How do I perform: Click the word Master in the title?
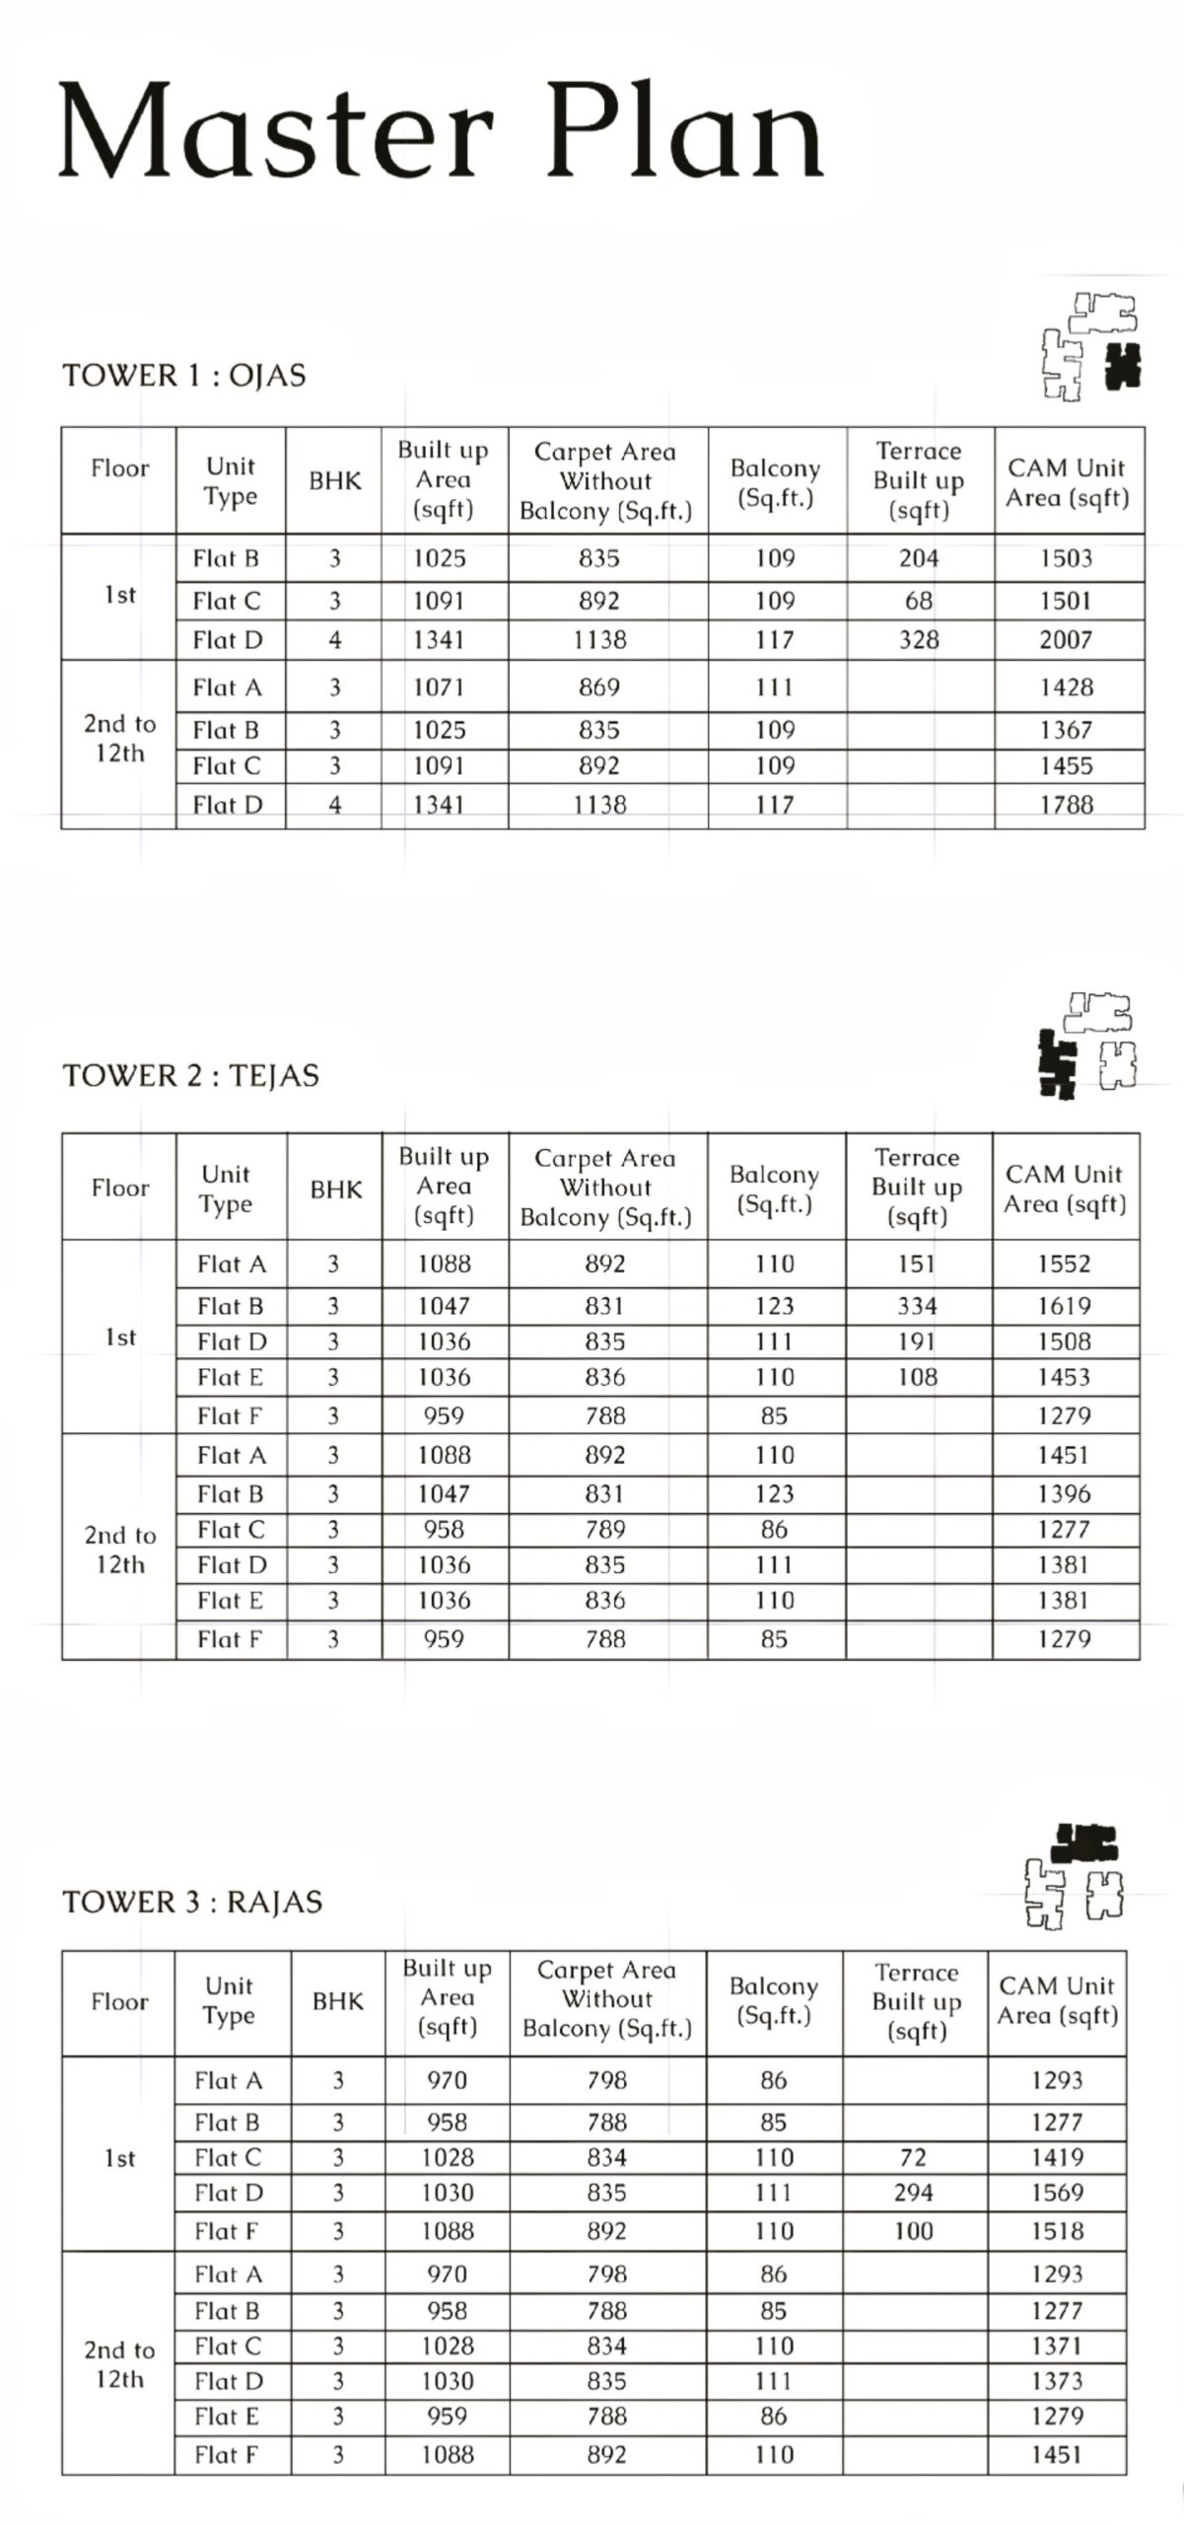pos(275,131)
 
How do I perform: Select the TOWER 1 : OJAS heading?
pos(184,376)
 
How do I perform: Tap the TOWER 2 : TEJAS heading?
pos(191,1075)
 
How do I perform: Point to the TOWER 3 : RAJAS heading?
pos(192,1902)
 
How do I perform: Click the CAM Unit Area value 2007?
pos(1066,640)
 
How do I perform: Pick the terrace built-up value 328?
pos(919,640)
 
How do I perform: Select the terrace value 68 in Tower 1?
pos(919,601)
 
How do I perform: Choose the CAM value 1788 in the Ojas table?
pos(1066,805)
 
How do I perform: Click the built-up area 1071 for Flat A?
pos(439,687)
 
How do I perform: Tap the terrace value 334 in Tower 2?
pos(917,1306)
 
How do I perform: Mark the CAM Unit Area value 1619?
pos(1064,1306)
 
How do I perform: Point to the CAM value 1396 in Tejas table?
pos(1064,1494)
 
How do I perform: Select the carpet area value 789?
pos(605,1530)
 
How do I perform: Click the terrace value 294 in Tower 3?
pos(914,2193)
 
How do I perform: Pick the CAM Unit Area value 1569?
pos(1057,2193)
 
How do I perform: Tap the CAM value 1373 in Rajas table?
pos(1057,2381)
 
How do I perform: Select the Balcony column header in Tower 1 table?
pos(775,482)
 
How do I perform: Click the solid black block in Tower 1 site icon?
pos(1123,367)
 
